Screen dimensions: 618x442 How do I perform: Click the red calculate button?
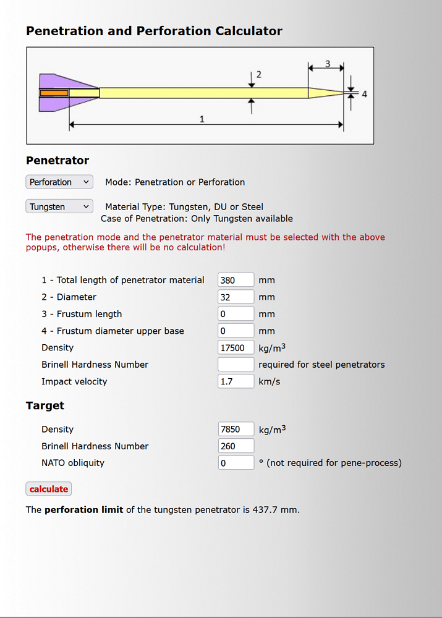(x=49, y=489)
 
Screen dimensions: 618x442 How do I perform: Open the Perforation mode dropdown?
(x=59, y=182)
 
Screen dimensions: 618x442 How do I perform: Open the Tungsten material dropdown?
(x=59, y=207)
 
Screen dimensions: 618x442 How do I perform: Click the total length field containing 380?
(x=236, y=280)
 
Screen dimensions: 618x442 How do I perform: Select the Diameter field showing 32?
(x=236, y=297)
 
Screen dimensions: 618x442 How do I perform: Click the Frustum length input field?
(x=236, y=314)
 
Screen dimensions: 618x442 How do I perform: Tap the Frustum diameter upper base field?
(x=236, y=331)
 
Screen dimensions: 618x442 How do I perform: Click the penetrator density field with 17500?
(x=236, y=348)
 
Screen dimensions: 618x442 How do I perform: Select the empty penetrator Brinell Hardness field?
(x=236, y=365)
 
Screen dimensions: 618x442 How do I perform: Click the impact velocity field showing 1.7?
(x=236, y=381)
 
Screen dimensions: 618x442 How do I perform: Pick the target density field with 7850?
(x=236, y=429)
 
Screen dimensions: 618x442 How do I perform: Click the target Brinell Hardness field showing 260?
(x=236, y=446)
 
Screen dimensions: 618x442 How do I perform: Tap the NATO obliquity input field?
(x=236, y=463)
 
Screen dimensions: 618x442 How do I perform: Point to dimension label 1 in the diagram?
(x=202, y=119)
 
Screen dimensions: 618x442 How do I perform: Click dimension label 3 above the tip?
(x=327, y=64)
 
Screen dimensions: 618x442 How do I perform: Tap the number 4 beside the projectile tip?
(x=364, y=94)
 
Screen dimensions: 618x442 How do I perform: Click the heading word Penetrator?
(x=57, y=161)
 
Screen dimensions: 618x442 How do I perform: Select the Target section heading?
(x=45, y=405)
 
